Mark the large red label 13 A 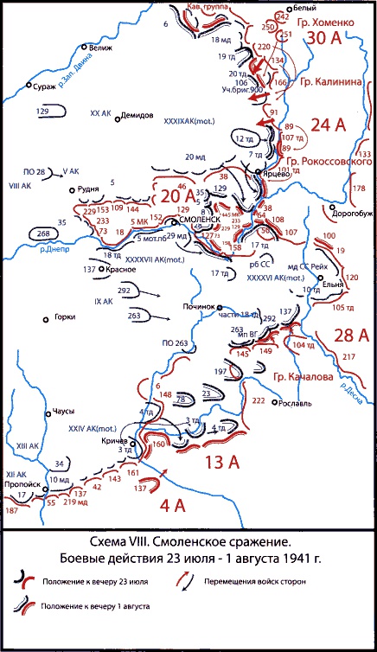click(x=223, y=463)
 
